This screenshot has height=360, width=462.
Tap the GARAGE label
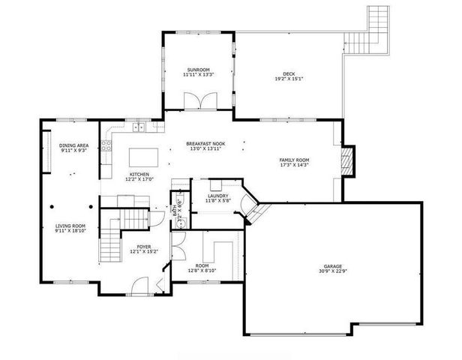tap(334, 266)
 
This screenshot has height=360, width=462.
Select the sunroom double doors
tap(198, 100)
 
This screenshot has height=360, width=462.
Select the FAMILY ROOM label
tap(295, 160)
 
